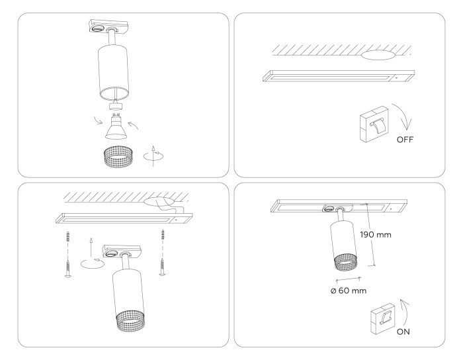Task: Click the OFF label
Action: point(405,140)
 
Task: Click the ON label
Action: point(403,332)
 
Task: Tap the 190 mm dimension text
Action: point(376,235)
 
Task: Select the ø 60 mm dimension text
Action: point(349,291)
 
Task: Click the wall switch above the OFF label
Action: point(374,124)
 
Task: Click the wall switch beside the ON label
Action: point(382,320)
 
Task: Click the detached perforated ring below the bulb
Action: point(118,157)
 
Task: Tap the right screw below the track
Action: point(162,267)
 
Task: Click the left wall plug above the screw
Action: point(68,237)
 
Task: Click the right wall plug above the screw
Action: point(162,235)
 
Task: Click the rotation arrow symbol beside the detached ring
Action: point(153,156)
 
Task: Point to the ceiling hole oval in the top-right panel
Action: point(378,55)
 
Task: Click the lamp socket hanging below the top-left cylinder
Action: point(116,106)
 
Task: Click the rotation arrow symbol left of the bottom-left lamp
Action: point(92,255)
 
